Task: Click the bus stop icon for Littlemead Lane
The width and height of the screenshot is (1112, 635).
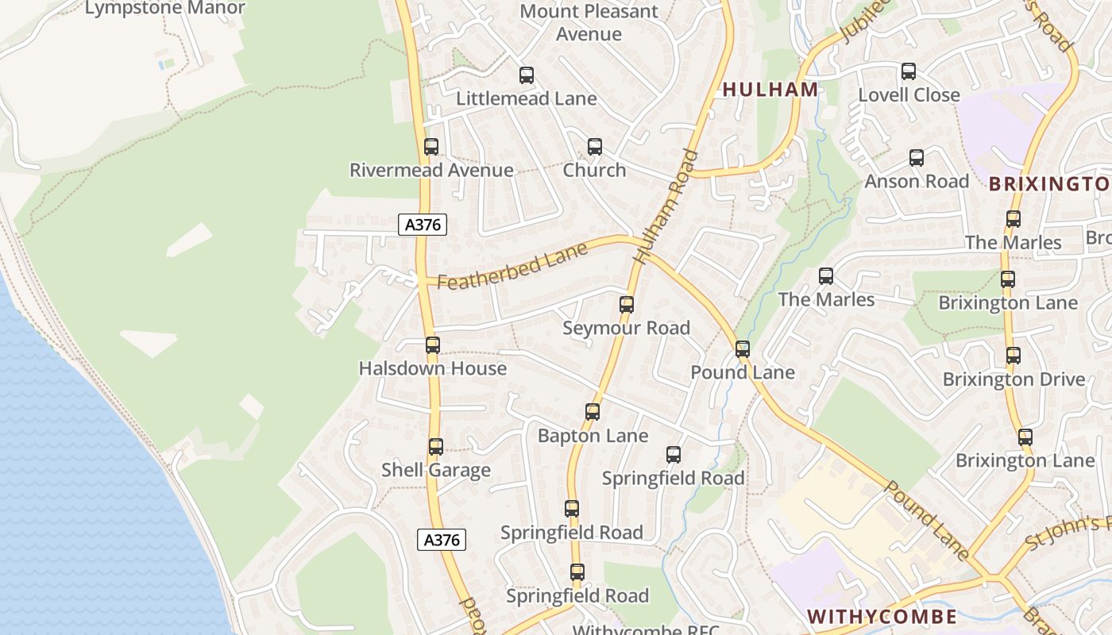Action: tap(527, 75)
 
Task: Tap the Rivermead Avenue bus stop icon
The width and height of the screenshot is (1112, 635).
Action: tap(431, 147)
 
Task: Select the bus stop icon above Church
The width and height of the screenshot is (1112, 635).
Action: tap(595, 147)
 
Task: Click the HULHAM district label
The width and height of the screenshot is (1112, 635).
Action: tap(770, 90)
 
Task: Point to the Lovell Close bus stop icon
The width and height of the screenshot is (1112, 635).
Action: tap(909, 71)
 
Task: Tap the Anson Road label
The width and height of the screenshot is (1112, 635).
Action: tap(917, 181)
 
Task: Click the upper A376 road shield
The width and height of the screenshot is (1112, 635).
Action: tap(423, 225)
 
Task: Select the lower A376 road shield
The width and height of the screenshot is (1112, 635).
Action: tap(442, 540)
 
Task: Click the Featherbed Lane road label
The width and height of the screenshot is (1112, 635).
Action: tap(512, 266)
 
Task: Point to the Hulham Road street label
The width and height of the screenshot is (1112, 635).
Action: tap(666, 207)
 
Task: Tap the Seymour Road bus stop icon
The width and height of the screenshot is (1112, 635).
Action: tap(627, 304)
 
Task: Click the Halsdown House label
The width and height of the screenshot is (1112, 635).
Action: tap(432, 368)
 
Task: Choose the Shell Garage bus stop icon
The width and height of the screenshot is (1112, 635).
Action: tap(436, 447)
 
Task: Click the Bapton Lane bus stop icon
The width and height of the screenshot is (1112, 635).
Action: tap(593, 412)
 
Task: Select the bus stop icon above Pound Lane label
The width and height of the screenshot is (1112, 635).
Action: tap(743, 348)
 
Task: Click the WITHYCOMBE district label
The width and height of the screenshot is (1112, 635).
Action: tap(882, 617)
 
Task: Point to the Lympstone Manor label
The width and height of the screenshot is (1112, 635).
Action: tap(164, 9)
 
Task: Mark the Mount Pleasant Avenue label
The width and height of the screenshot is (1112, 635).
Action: tap(589, 22)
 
